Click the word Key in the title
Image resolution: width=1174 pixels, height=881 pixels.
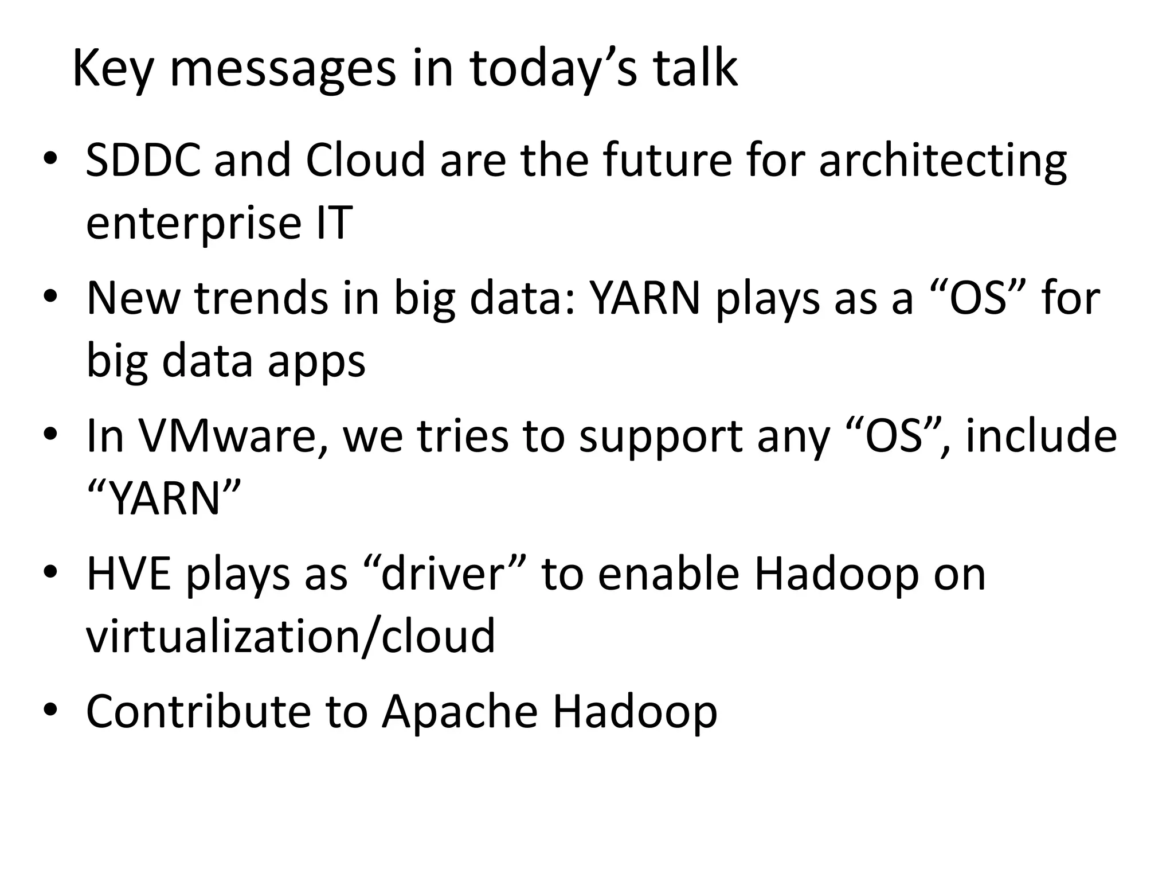click(x=113, y=69)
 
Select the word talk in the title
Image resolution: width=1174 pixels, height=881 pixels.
click(x=695, y=69)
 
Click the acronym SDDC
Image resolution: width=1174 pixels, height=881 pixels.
click(x=143, y=160)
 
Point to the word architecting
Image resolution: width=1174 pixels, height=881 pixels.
click(x=942, y=160)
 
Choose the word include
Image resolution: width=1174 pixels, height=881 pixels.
click(x=1041, y=436)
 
